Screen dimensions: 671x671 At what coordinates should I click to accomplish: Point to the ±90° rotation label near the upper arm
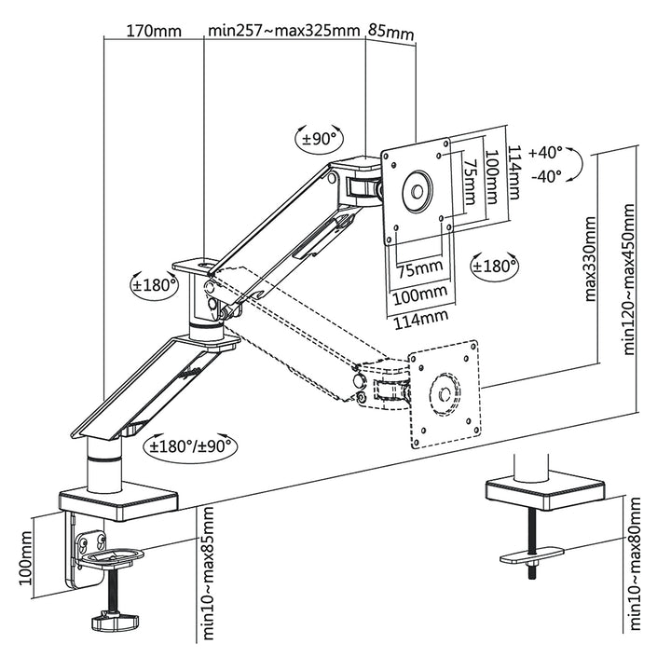320,140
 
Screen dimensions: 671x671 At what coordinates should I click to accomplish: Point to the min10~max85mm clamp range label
207,575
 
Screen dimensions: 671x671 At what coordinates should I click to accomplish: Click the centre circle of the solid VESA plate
415,193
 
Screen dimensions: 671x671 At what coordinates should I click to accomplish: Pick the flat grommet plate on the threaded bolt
533,556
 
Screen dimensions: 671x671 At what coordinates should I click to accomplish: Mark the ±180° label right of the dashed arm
495,267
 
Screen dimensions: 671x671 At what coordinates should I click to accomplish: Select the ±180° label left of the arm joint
154,284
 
